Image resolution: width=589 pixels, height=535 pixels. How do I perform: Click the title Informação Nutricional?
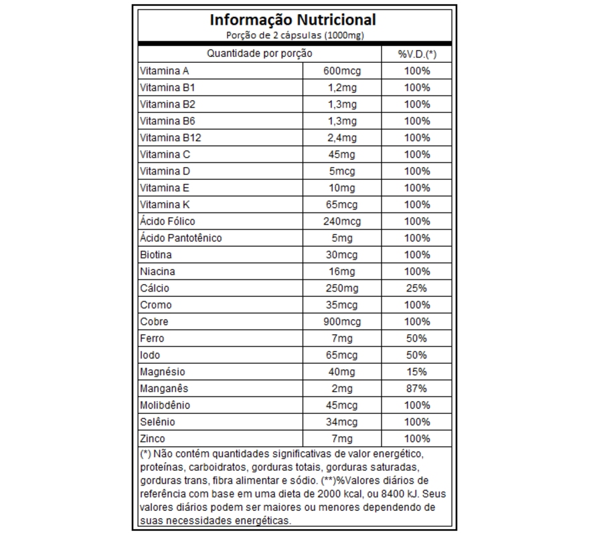[293, 19]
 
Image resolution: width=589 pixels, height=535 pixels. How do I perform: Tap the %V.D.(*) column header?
[416, 54]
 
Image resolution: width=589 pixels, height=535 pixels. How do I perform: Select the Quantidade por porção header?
[259, 53]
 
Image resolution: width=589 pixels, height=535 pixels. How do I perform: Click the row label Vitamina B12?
[170, 138]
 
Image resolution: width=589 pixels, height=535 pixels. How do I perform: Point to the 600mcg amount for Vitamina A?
[342, 71]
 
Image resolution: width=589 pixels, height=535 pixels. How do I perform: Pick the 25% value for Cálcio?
[416, 288]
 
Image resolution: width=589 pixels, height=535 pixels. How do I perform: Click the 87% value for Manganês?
[416, 389]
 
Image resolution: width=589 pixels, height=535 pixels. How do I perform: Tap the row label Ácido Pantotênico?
[180, 238]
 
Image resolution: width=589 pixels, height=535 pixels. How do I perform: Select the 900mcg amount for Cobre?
[342, 322]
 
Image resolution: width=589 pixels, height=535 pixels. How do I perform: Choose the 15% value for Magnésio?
[416, 372]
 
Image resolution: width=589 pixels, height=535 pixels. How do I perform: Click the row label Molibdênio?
[165, 405]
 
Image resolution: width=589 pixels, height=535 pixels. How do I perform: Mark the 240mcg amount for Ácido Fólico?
[342, 221]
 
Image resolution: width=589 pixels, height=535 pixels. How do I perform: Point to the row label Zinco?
[152, 439]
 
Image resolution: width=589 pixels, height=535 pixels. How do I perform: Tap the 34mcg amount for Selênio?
[342, 422]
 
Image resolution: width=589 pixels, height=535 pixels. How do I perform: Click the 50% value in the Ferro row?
[416, 338]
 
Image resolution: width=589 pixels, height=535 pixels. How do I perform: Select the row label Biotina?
[155, 255]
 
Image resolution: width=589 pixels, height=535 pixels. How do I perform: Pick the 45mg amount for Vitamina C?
[342, 154]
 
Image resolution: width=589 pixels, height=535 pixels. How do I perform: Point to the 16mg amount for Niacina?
[342, 272]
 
